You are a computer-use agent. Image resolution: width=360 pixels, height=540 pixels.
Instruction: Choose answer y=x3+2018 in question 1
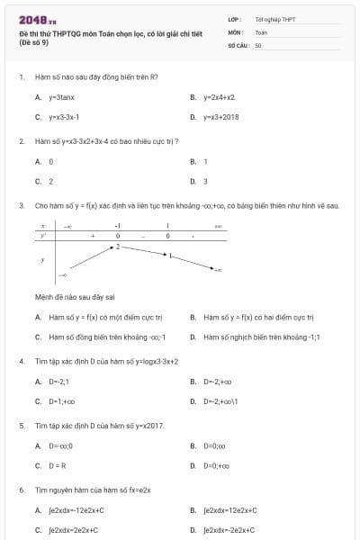(x=220, y=117)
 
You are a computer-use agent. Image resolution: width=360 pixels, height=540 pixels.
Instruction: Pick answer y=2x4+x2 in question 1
(x=219, y=96)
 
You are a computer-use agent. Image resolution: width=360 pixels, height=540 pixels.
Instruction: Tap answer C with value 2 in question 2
(x=50, y=182)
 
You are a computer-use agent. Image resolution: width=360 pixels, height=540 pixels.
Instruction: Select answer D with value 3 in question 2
(x=205, y=182)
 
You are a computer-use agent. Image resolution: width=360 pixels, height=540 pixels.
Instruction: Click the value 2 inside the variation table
(x=117, y=246)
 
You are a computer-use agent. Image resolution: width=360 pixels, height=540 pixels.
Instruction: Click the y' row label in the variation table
(x=42, y=236)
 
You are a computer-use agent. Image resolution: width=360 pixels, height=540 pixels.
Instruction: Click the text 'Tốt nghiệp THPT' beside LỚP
(x=275, y=19)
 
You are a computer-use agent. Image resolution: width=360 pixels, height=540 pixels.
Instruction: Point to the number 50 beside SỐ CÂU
(x=258, y=45)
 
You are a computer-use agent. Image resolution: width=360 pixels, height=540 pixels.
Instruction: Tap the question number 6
(x=21, y=490)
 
